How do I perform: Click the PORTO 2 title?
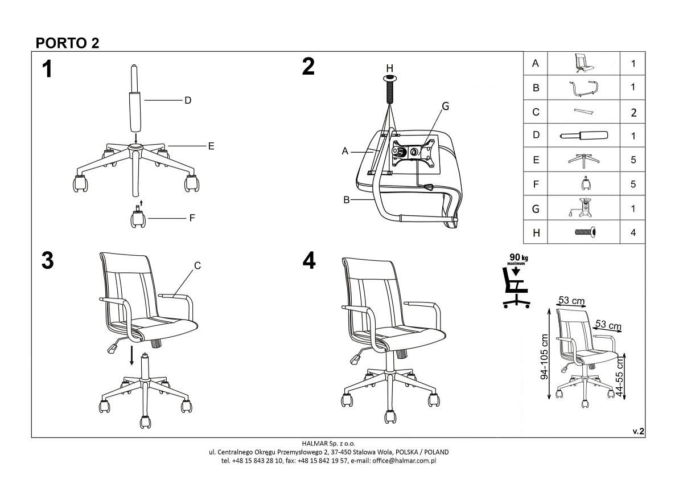67,43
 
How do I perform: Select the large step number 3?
47,261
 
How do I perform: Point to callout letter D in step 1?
187,100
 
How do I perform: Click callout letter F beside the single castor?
192,218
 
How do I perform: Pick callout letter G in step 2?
446,106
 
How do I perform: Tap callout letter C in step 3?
197,265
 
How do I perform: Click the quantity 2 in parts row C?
633,112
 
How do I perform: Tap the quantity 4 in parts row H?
633,232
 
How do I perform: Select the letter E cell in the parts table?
536,160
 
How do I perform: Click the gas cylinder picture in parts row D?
583,136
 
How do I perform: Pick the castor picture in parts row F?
583,184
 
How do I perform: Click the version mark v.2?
638,432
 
